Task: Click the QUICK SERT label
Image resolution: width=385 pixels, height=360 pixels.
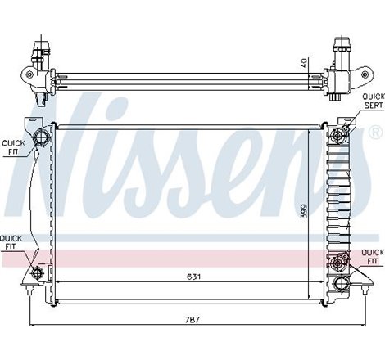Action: coord(373,101)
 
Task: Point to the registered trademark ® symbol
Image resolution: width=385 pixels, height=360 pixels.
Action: coord(374,132)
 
